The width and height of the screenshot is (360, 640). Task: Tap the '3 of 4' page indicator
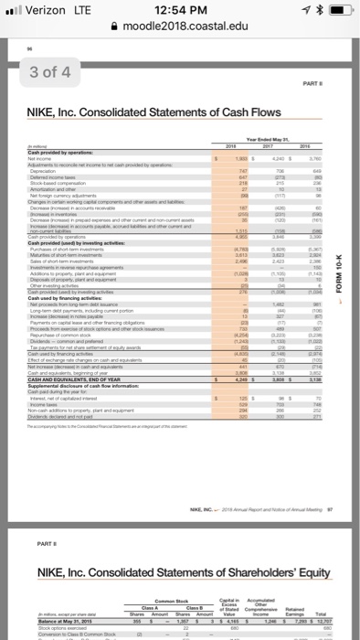coord(29,70)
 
